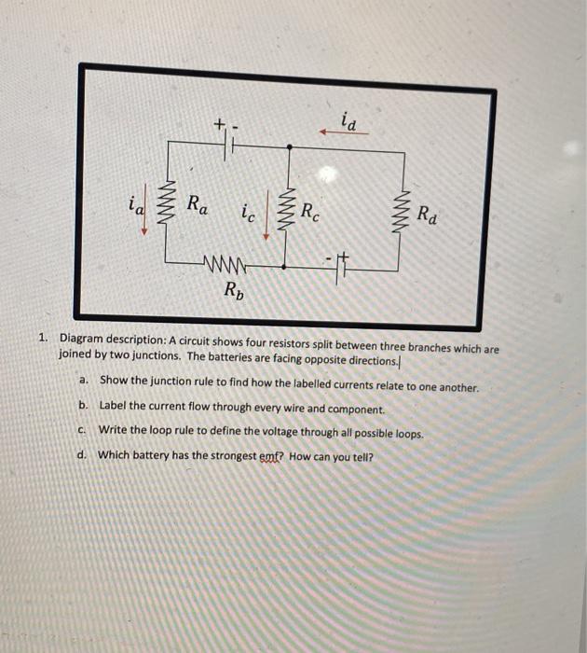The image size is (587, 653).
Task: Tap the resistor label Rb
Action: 232,288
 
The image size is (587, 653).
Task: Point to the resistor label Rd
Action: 427,215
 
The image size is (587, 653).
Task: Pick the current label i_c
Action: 246,214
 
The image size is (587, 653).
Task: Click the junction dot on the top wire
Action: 289,146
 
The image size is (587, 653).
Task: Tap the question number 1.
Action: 43,340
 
